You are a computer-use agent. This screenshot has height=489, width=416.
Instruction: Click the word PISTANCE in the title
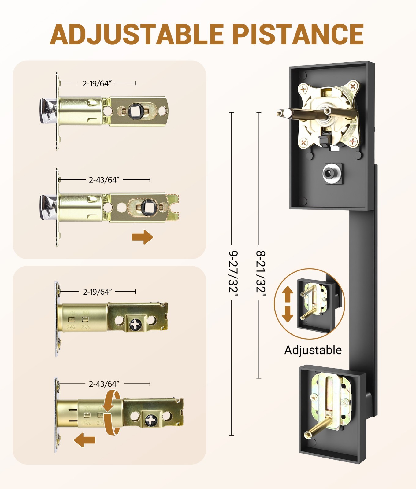(x=298, y=34)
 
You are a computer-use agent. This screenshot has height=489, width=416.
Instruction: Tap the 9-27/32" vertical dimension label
(x=233, y=274)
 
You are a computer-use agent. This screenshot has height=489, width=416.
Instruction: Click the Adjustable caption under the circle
(x=313, y=350)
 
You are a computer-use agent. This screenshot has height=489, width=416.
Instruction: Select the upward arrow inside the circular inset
(x=287, y=294)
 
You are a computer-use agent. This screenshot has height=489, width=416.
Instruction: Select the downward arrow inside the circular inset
(x=287, y=314)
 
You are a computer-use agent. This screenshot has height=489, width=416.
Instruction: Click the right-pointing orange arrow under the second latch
(x=143, y=237)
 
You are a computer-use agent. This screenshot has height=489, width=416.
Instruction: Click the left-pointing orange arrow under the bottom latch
(x=85, y=440)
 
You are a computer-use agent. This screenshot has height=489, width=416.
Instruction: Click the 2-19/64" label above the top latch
(x=97, y=83)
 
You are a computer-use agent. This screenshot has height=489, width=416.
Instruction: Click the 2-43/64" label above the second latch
(x=104, y=180)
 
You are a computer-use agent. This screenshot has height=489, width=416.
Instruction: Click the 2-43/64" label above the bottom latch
(x=104, y=384)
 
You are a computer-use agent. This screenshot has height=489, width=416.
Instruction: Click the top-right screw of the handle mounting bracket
(x=353, y=86)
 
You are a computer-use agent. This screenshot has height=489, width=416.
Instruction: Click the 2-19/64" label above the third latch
(x=97, y=292)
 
